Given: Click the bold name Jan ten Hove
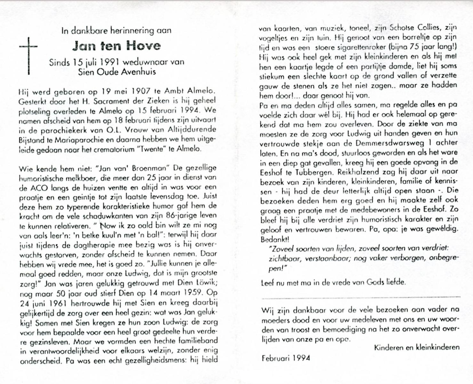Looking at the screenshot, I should pyautogui.click(x=116, y=46).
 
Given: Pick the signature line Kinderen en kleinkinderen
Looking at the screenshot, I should pyautogui.click(x=417, y=348).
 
